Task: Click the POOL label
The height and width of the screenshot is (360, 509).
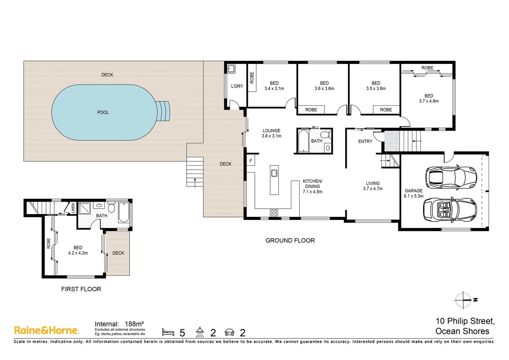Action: (103, 112)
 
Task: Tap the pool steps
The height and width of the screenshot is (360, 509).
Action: (163, 111)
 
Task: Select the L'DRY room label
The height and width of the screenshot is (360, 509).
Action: (237, 86)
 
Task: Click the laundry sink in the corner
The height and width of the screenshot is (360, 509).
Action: (231, 68)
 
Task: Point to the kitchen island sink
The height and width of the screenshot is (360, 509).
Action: (274, 173)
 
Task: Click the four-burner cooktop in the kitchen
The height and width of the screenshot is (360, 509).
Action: (274, 213)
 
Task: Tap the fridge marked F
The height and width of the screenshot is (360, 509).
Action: (251, 161)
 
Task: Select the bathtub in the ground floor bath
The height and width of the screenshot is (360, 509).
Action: (303, 141)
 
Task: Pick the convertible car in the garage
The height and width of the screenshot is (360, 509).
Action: (450, 209)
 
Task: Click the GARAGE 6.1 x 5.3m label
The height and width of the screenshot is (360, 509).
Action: (414, 193)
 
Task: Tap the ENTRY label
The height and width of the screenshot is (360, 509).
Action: (365, 141)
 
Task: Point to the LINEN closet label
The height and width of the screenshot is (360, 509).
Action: (73, 208)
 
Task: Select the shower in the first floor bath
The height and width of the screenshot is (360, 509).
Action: (84, 208)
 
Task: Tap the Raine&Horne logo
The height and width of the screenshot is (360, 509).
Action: (47, 330)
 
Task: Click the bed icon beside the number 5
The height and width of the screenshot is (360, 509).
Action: (168, 332)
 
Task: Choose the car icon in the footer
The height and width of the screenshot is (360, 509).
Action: (229, 332)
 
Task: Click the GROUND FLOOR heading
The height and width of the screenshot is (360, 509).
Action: (290, 240)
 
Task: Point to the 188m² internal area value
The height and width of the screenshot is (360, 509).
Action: (134, 324)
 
